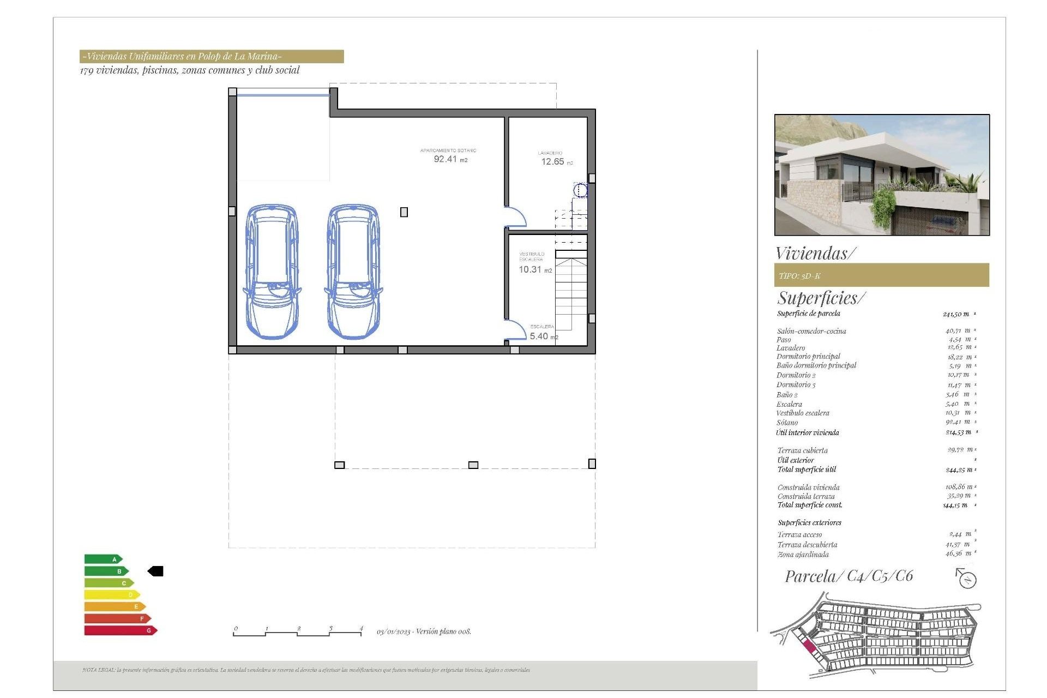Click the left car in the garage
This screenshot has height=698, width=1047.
[x=272, y=272]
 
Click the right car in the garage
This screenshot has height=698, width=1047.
[x=353, y=272]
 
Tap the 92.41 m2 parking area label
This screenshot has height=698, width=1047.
[x=449, y=159]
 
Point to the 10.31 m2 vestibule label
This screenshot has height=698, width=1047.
[x=534, y=269]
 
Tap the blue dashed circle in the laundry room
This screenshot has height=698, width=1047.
[x=581, y=190]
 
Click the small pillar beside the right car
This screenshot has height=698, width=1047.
[x=404, y=212]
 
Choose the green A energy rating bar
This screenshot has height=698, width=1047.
[x=103, y=559]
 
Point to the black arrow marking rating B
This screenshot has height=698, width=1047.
[x=156, y=571]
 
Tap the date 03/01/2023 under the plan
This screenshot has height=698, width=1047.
[x=393, y=631]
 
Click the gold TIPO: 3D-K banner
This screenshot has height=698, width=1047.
[x=881, y=275]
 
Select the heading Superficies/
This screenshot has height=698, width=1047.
[x=821, y=298]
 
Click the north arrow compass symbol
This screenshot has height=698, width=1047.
[x=966, y=579]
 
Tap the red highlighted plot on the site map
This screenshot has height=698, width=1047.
[x=809, y=647]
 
